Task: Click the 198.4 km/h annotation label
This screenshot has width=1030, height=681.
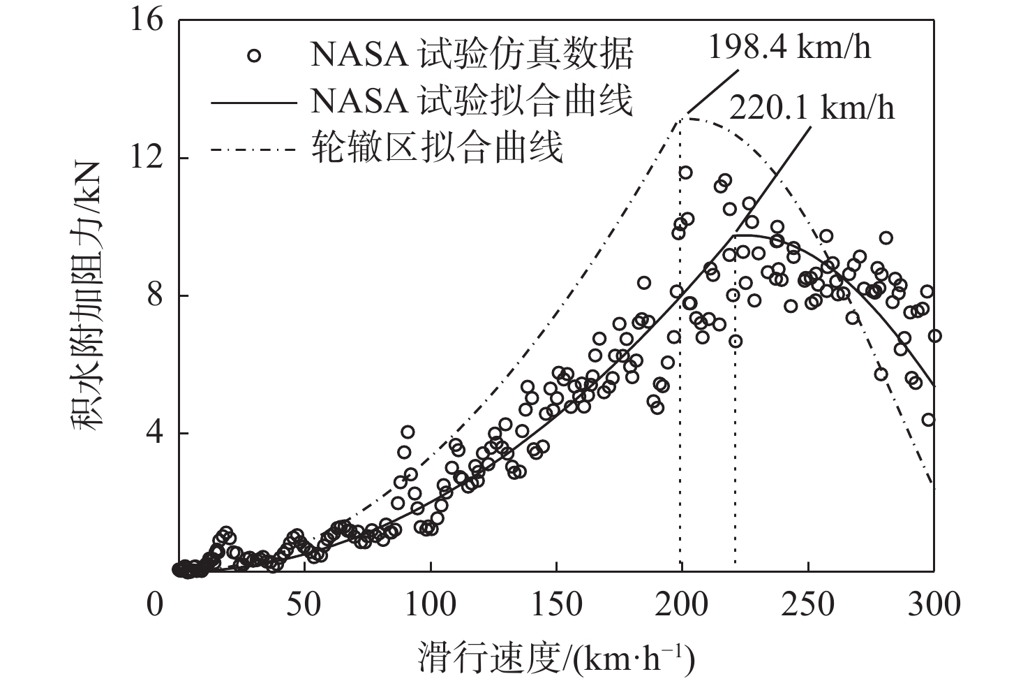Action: pyautogui.click(x=789, y=47)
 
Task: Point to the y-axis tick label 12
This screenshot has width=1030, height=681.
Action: pyautogui.click(x=147, y=158)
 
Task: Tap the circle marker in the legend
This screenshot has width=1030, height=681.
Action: pyautogui.click(x=254, y=55)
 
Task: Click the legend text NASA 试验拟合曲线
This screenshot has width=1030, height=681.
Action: pyautogui.click(x=472, y=101)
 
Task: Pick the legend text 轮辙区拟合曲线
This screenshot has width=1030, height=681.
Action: pyautogui.click(x=437, y=147)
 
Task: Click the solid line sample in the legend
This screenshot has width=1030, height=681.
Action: pyautogui.click(x=254, y=102)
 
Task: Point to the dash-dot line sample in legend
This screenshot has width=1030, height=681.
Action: pyautogui.click(x=254, y=149)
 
